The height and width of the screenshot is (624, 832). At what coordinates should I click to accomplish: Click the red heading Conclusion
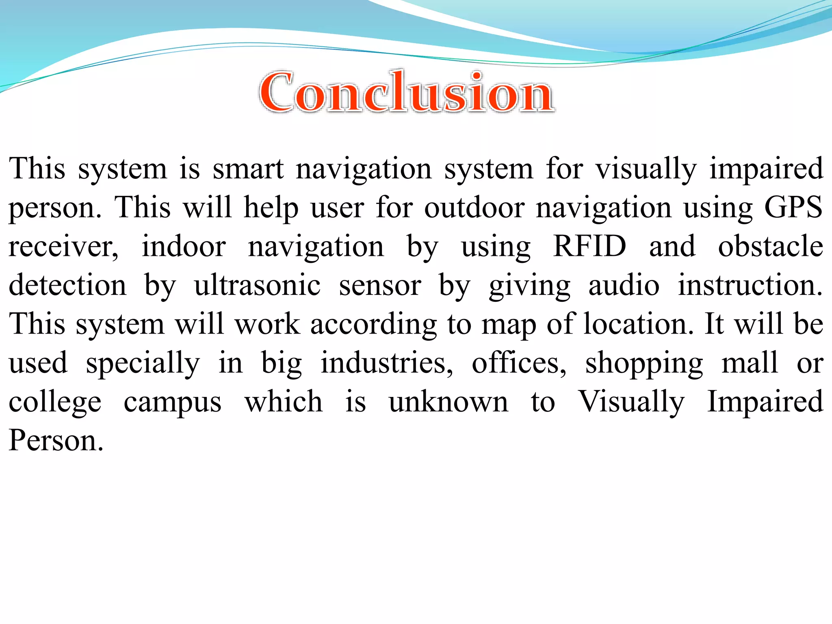coord(406,93)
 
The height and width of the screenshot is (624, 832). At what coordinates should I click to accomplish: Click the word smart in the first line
coord(248,169)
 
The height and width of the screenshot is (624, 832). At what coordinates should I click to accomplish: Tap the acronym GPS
coord(793,208)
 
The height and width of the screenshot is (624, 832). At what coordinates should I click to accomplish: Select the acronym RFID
coord(589,246)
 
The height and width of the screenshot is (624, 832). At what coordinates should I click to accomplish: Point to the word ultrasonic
coord(257,285)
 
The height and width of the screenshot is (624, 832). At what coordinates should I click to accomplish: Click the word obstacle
coord(770,246)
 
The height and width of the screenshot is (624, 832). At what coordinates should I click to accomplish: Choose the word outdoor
coord(474,208)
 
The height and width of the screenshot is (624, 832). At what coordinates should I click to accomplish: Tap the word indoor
coord(184,246)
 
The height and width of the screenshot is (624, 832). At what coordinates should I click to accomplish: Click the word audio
coord(624,285)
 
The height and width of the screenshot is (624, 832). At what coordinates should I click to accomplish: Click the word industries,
coord(386,363)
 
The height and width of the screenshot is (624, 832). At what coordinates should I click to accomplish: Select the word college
coord(55,402)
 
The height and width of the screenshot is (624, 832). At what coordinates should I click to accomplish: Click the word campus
coord(173,402)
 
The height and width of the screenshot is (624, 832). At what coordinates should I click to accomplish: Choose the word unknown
coord(448,401)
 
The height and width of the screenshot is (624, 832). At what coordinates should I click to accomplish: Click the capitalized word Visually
coord(631,401)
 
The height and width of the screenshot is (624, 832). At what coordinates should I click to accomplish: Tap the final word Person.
coord(56,440)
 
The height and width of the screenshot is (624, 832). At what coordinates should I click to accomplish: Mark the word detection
coord(67,285)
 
